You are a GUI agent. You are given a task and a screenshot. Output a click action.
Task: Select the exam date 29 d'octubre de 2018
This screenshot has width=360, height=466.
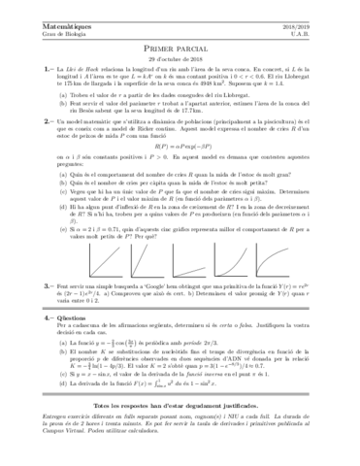(x=180, y=55)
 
